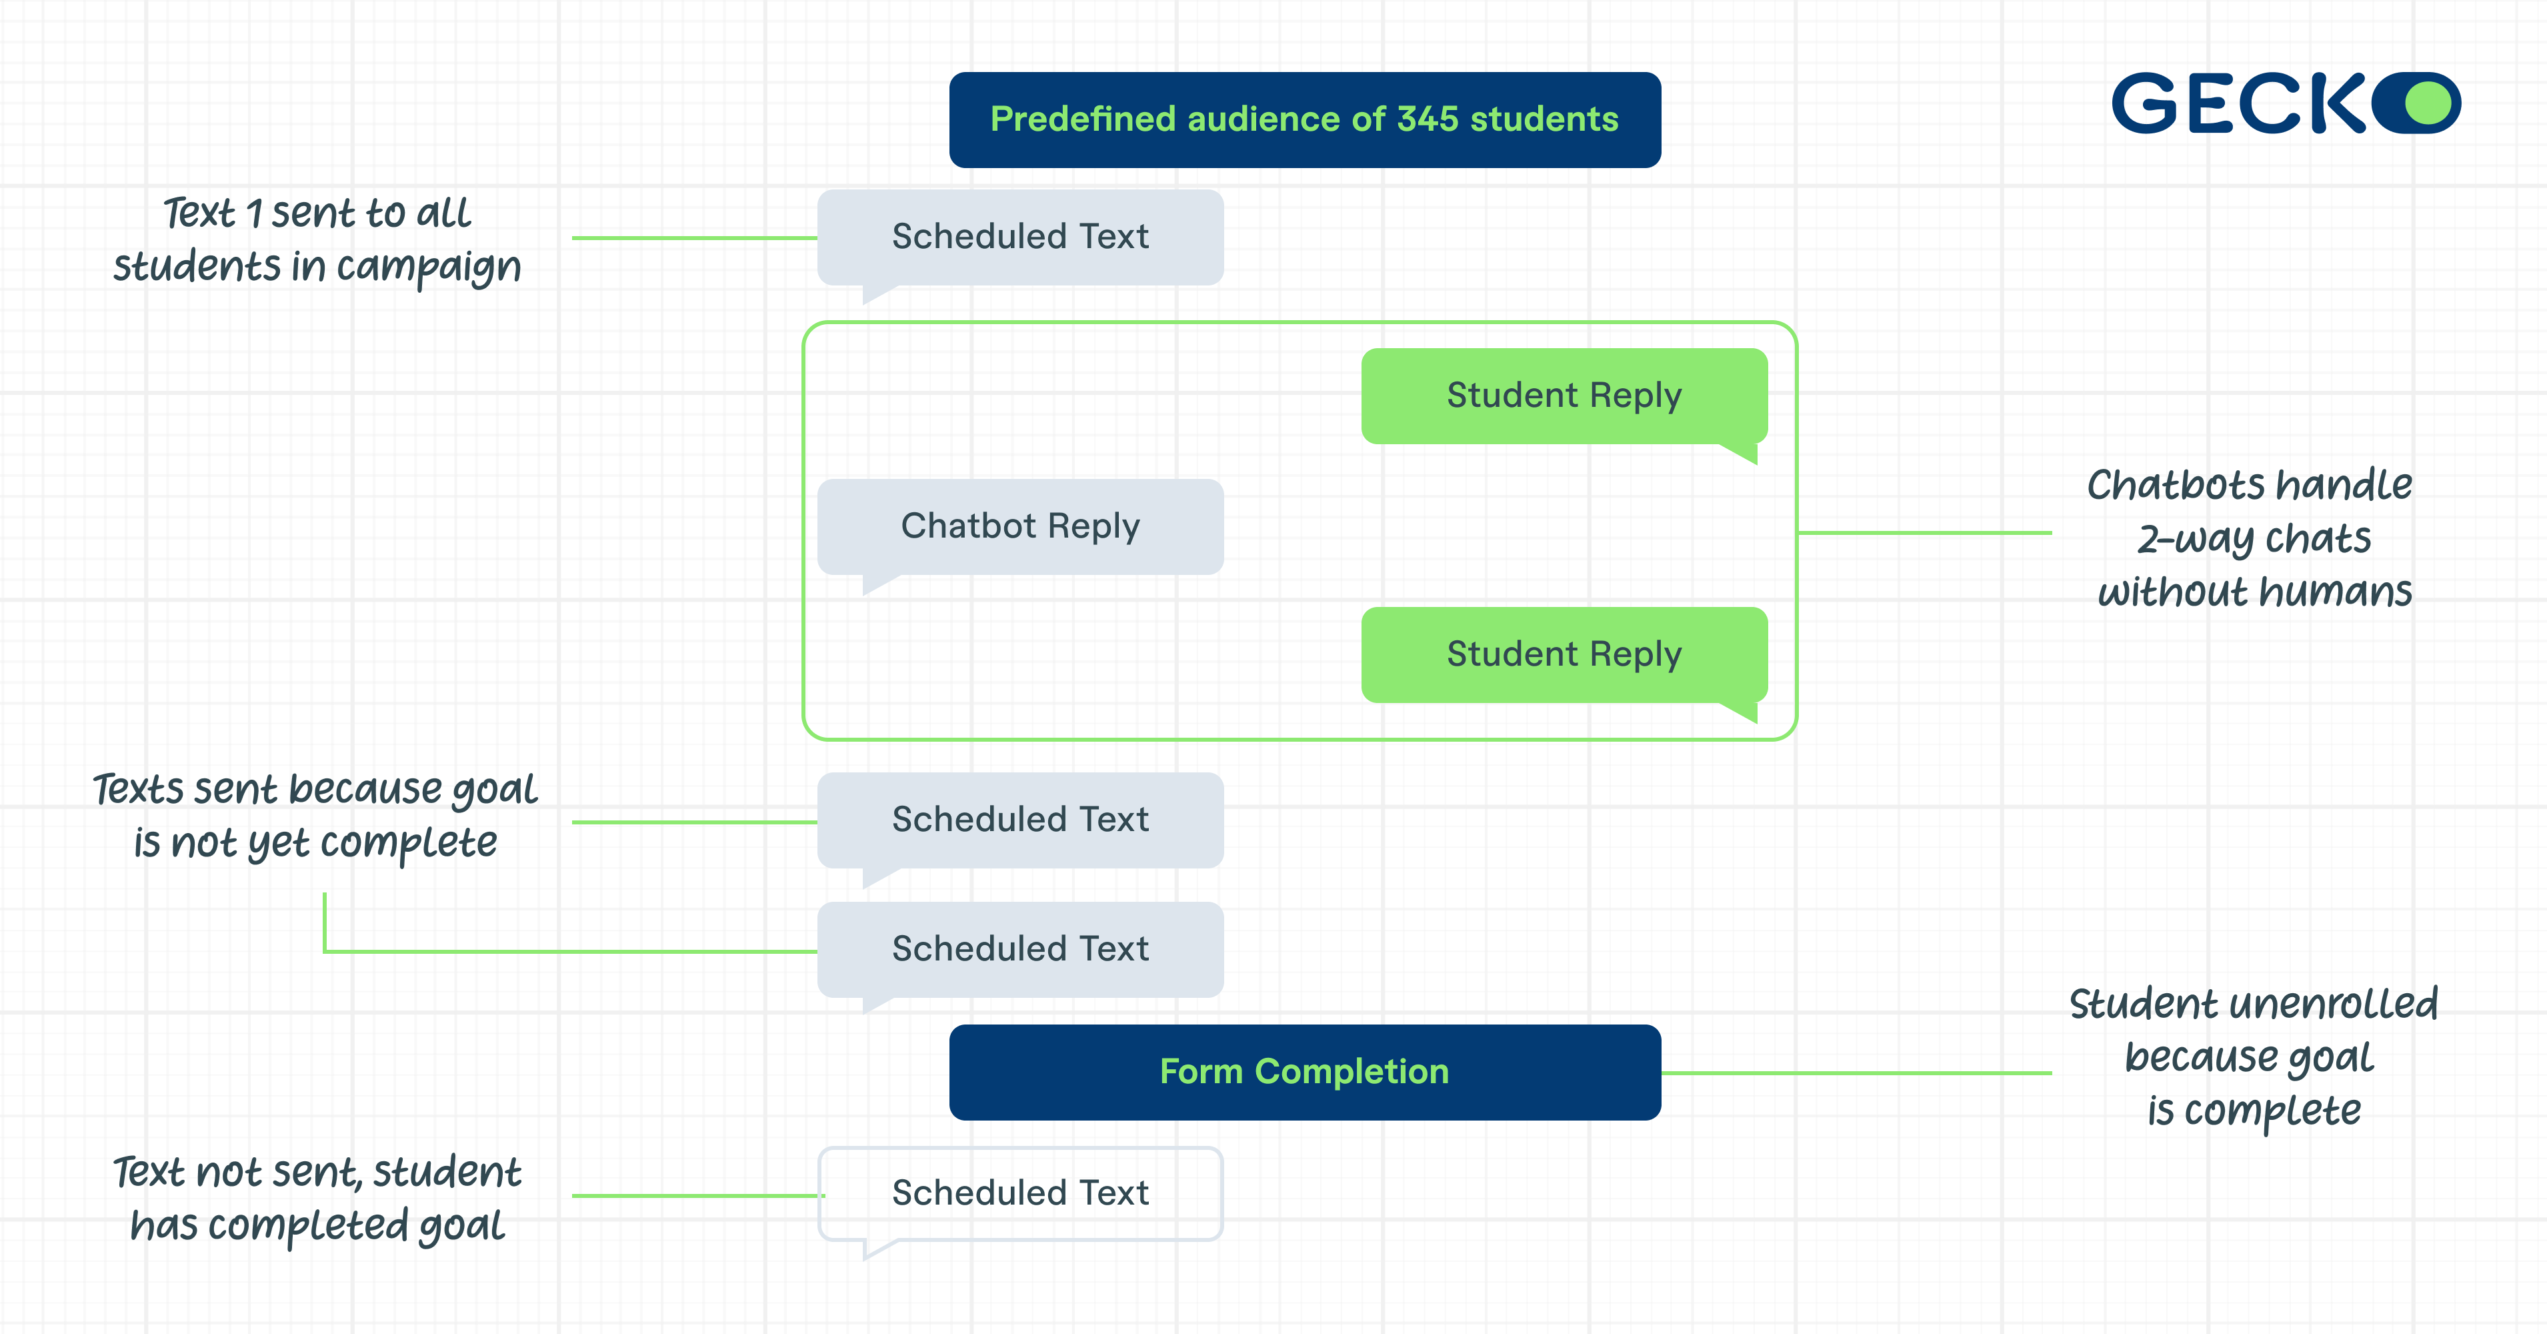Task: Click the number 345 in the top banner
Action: tap(1427, 119)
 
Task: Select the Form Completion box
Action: tap(1304, 1072)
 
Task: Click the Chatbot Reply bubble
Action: tap(1019, 526)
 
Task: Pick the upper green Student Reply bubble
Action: tap(1563, 396)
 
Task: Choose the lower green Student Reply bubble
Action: tap(1563, 654)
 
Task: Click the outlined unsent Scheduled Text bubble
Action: tap(1019, 1193)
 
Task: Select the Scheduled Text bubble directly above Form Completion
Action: tap(1019, 949)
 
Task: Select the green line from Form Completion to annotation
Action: tap(1856, 1072)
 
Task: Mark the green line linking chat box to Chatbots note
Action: tap(1923, 532)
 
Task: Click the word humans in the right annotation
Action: tap(2336, 592)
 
